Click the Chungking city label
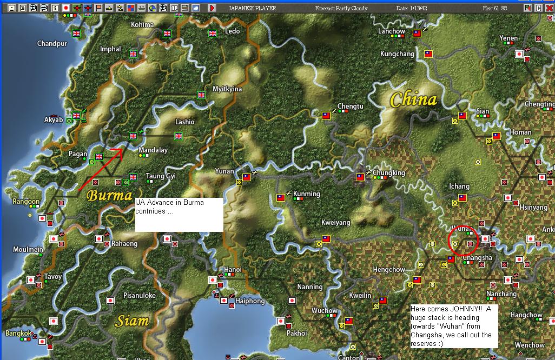389,173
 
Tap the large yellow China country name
414,99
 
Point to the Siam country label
133,321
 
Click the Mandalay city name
153,150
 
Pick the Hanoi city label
233,270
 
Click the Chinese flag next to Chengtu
326,116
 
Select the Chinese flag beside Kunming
281,198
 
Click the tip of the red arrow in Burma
122,148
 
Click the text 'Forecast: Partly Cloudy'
341,8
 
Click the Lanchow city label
392,31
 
